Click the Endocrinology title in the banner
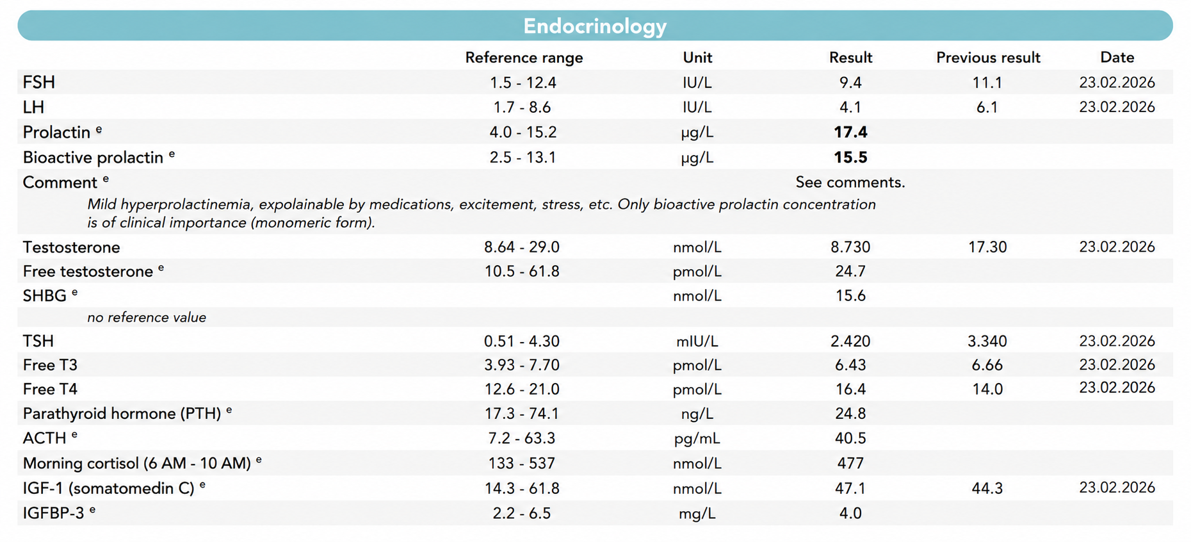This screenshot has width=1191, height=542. coord(595,26)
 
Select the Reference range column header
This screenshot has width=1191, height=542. coord(524,58)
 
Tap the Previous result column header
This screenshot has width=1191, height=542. coord(988,58)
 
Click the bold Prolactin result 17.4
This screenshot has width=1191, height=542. coord(850,132)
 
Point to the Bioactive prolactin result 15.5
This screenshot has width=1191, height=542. coord(850,157)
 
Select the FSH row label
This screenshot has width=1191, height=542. coord(39,83)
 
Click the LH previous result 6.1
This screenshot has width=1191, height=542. coord(987,108)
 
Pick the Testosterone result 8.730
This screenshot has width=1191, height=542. coord(850,247)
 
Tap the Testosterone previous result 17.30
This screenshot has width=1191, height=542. coord(987,247)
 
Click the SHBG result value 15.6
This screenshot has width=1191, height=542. coord(850,295)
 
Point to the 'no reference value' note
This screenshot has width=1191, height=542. coord(147,318)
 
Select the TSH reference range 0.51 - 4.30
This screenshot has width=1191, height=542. coord(522,341)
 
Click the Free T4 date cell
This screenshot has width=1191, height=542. coord(1117,388)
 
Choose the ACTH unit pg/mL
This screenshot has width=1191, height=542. coord(697,439)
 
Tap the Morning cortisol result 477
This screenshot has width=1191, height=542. coord(850,463)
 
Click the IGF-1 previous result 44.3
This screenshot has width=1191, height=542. coord(987,488)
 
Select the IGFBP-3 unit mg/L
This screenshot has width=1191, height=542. coord(697,514)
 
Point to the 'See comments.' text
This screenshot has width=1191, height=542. coord(850,183)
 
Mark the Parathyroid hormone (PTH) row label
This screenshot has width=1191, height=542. coord(122,414)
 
